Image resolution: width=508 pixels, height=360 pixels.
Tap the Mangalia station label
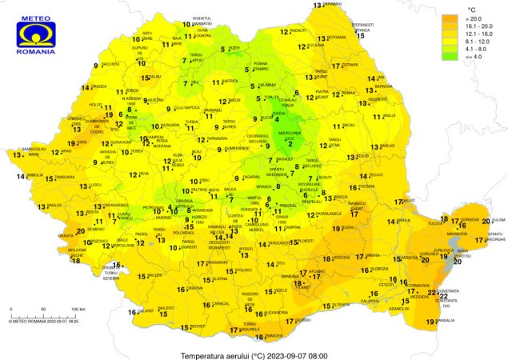[x=445, y=321]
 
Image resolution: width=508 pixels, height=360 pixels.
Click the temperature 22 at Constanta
[x=432, y=294]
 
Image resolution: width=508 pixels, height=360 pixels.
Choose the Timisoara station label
[x=66, y=177]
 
